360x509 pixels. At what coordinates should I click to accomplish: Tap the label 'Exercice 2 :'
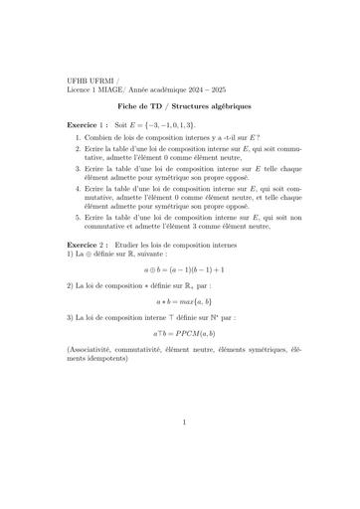tap(90, 243)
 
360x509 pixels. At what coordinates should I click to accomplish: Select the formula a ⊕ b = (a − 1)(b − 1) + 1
tap(179, 269)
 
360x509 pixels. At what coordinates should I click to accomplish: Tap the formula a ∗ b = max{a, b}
tap(179, 300)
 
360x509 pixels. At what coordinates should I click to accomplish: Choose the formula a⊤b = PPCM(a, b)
tap(179, 333)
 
